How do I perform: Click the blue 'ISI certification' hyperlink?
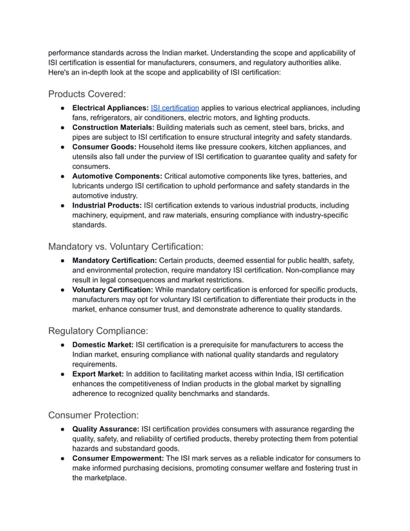[x=175, y=108]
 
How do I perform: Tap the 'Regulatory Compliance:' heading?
[x=98, y=331]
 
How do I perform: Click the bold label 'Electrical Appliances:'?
[x=110, y=108]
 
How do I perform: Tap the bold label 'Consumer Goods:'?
[x=103, y=147]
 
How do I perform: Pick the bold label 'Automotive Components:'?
[x=117, y=176]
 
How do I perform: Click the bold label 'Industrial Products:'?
[x=107, y=206]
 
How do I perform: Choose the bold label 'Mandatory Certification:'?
[x=114, y=260]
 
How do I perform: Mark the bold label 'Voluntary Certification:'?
[x=112, y=290]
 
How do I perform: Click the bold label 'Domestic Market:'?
[x=103, y=345]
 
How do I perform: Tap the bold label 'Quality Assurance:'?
[x=105, y=429]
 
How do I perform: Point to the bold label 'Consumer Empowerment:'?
[x=118, y=459]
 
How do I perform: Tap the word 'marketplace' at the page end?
[x=104, y=478]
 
